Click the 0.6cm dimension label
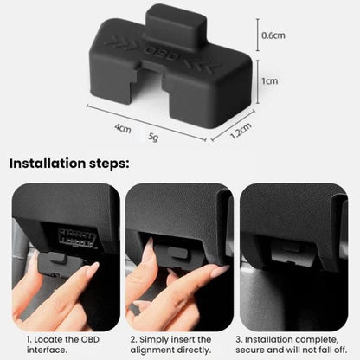[273, 35]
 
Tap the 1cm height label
[270, 81]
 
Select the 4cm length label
[123, 128]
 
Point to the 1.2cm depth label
[241, 131]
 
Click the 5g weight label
[153, 137]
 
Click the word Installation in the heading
[48, 164]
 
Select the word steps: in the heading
[109, 164]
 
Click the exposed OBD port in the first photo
[76, 238]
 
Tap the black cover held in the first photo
[60, 264]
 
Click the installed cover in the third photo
[292, 253]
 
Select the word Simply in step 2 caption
[155, 340]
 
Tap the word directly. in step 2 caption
[194, 350]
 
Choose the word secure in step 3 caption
[250, 350]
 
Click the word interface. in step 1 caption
[47, 350]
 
